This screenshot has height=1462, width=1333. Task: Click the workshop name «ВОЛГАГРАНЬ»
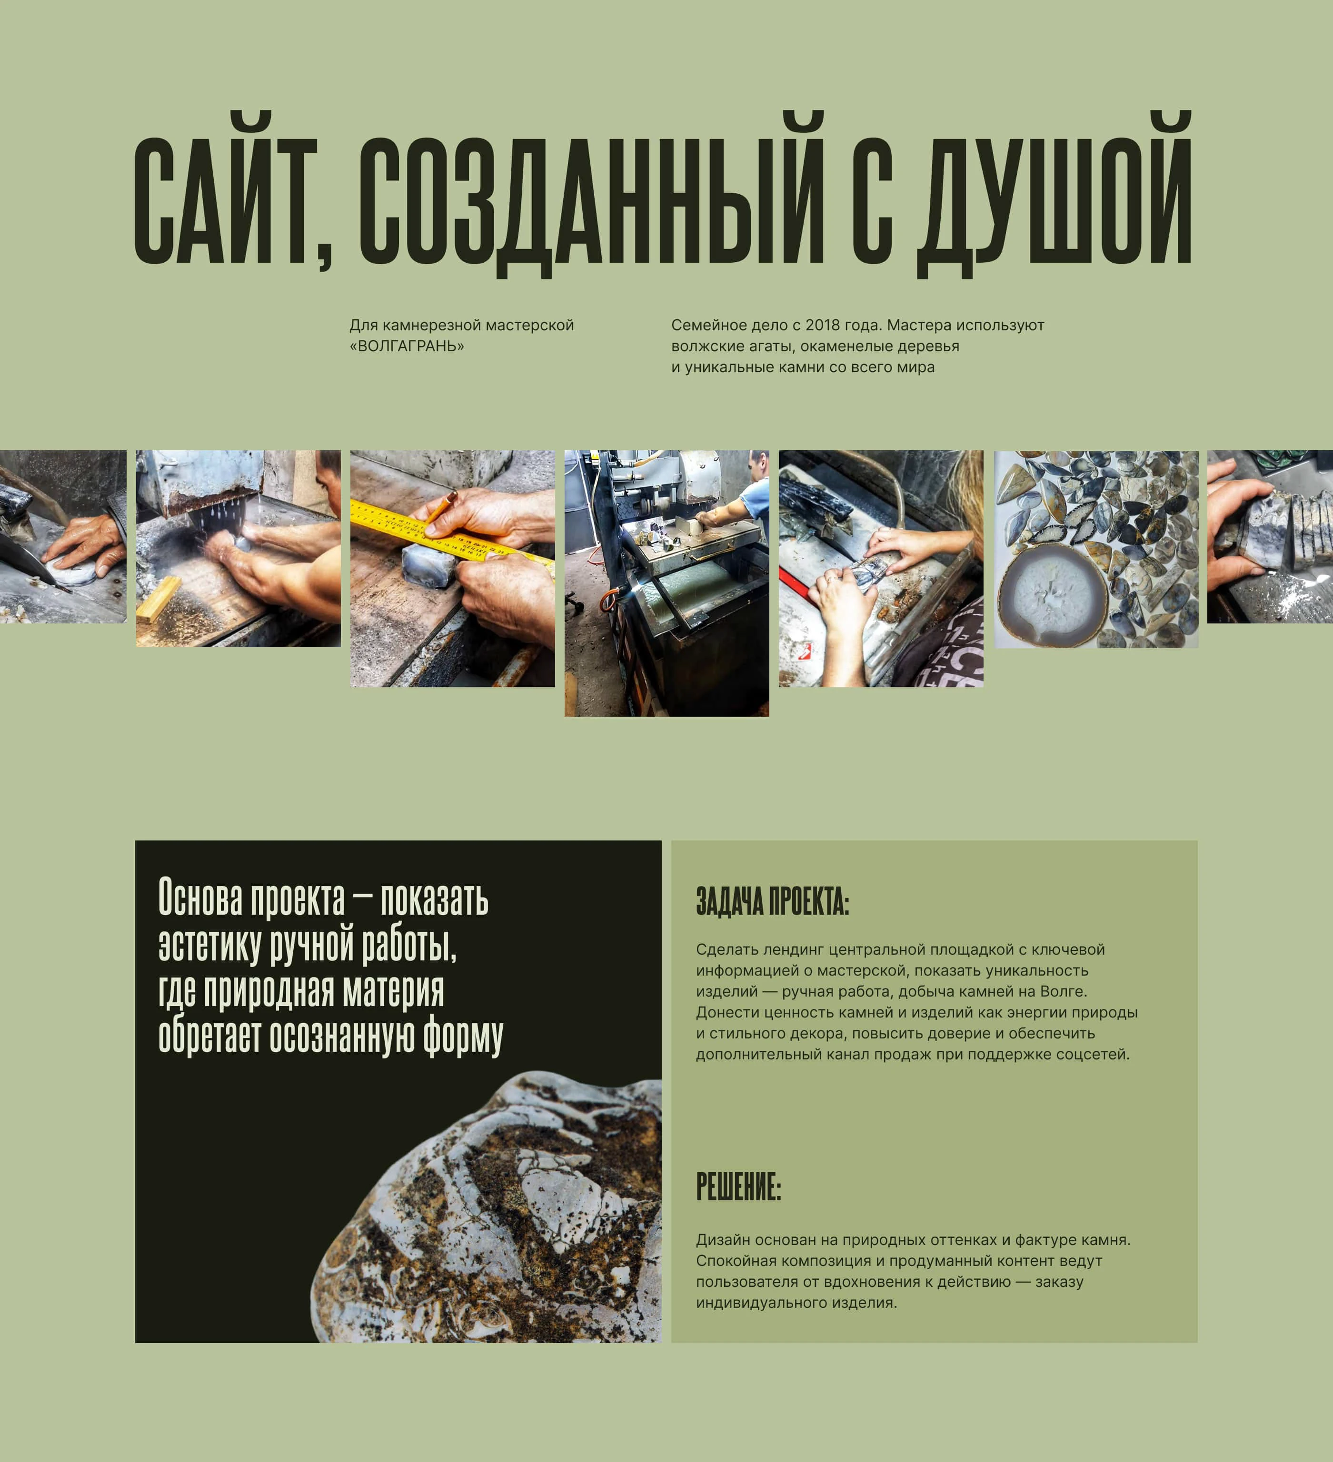click(407, 346)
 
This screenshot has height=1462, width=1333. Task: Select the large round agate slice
click(1052, 595)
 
